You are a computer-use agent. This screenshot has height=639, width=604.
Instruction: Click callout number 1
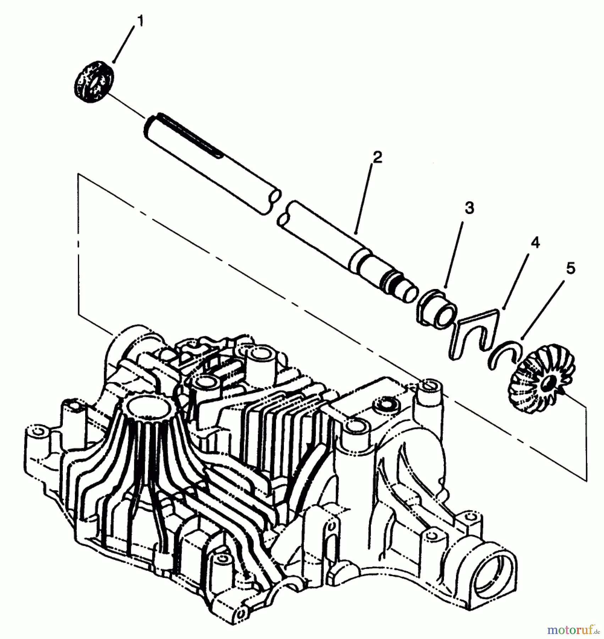pyautogui.click(x=140, y=21)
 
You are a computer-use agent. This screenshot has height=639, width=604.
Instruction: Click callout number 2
pyautogui.click(x=377, y=157)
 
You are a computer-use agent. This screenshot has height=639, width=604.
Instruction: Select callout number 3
pyautogui.click(x=469, y=208)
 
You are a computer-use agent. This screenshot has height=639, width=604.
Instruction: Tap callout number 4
pyautogui.click(x=535, y=243)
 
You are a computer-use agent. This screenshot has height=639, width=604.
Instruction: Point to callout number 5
pyautogui.click(x=570, y=269)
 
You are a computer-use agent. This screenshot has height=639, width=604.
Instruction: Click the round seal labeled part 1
pyautogui.click(x=94, y=82)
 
